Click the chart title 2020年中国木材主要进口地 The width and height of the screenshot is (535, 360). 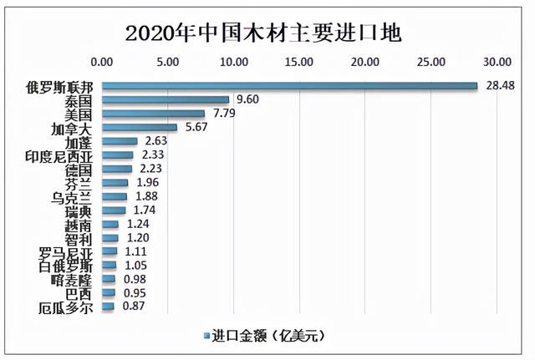pos(263,33)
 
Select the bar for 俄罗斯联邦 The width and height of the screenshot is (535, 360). pos(289,85)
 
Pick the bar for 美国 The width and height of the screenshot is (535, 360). pos(154,114)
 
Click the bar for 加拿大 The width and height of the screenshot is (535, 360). pos(140,128)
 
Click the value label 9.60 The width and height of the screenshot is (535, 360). pos(249,99)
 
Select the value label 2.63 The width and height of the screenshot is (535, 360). pos(156,141)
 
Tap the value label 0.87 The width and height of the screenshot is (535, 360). pos(133,307)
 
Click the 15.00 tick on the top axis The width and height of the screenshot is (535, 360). pos(299,62)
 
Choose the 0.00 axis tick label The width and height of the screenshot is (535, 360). pos(102,62)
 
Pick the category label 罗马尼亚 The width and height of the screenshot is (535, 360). pos(69,252)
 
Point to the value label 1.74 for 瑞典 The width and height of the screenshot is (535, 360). pos(145,210)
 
